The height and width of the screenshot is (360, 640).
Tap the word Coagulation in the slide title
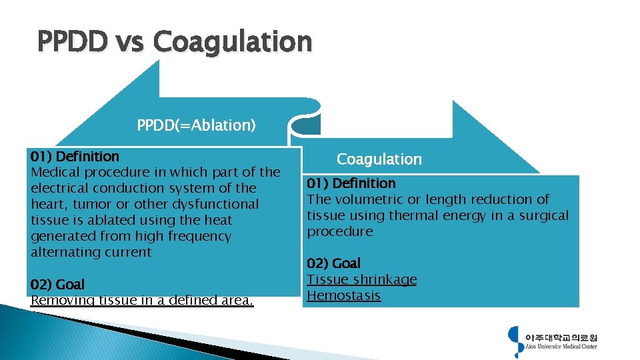coord(232,42)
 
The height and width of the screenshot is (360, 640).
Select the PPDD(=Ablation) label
coord(196,125)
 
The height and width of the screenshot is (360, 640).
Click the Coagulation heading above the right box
coord(379,159)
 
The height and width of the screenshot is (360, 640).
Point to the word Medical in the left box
coord(55,172)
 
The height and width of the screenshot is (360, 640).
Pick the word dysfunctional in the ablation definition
coord(215,204)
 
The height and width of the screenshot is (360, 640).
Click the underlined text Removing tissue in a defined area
coord(142,300)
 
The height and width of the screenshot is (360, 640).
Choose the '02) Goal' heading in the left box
coord(57,285)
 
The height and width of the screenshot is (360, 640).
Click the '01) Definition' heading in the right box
coord(351,183)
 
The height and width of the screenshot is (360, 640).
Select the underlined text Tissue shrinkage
coord(361,279)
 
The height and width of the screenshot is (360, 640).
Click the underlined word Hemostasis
coord(343,295)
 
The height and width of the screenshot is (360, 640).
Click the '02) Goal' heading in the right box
coord(333,263)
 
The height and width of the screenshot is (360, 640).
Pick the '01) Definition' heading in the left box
coord(75,157)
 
